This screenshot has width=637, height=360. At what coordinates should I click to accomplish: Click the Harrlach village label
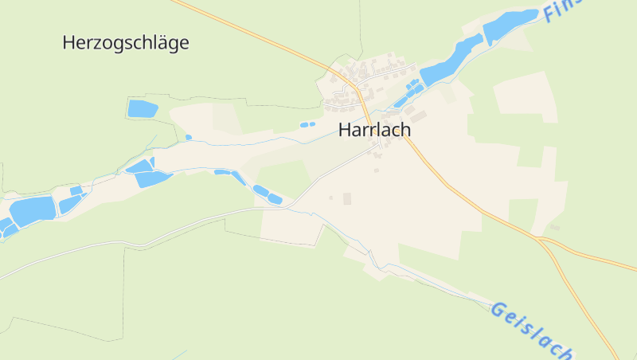coord(374,130)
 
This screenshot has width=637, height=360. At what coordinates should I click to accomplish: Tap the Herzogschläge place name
coord(126,43)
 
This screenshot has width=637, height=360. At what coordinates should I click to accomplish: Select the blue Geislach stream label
coord(532,328)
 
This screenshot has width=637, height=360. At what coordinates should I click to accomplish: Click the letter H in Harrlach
coord(345,130)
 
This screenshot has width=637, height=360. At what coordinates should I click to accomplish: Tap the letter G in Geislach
coord(498,309)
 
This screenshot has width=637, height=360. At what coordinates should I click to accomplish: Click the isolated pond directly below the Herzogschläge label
coord(142,108)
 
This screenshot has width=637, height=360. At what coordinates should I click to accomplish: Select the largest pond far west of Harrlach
coord(32,210)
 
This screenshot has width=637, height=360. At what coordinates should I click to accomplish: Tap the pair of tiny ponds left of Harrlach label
coord(307,124)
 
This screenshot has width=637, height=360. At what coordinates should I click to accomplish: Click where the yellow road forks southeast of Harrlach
coord(540,238)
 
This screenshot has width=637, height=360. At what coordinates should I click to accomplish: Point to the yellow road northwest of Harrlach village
coord(263,37)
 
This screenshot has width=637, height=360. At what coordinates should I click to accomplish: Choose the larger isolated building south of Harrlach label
coord(346,198)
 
